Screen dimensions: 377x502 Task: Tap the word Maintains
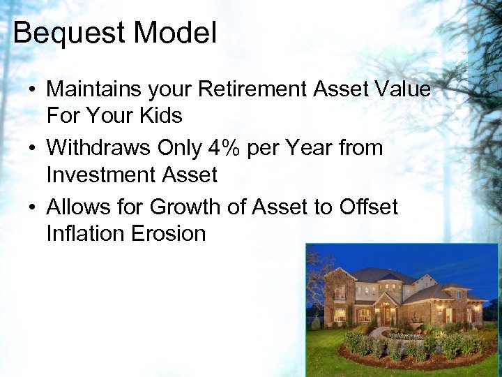click(92, 89)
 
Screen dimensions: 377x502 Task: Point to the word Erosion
click(168, 233)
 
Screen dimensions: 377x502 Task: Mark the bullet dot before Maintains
click(33, 91)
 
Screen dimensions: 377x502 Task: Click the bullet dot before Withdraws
click(33, 149)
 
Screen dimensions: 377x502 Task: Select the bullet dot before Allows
click(33, 208)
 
